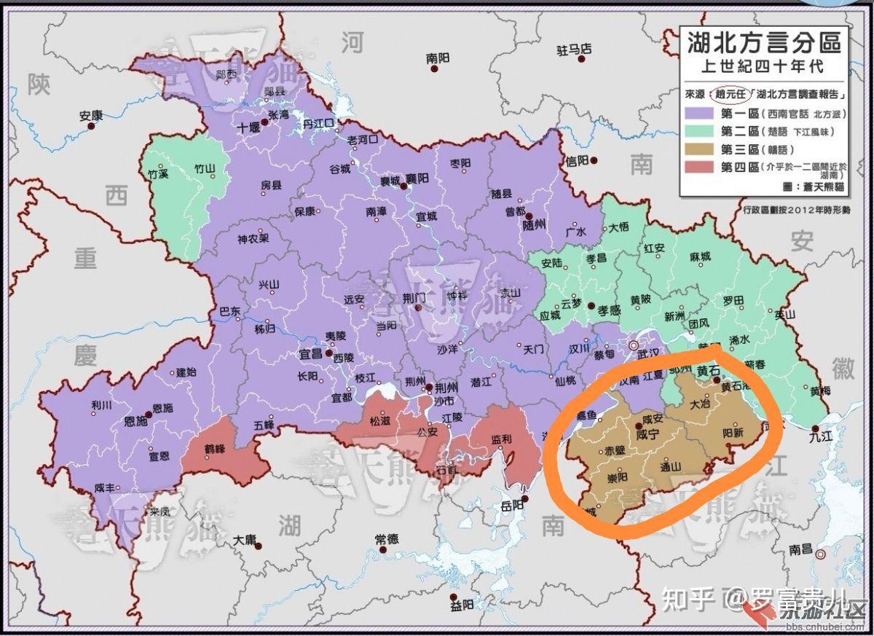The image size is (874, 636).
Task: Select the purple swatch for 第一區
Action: (698, 114)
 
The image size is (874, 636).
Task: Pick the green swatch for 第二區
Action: (698, 132)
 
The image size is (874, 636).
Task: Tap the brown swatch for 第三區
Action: (698, 150)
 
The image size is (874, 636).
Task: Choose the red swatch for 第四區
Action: (698, 168)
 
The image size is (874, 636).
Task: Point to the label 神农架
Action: (253, 238)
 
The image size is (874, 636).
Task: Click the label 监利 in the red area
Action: (500, 439)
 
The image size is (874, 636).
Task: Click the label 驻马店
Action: (574, 50)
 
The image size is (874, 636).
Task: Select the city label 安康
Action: (91, 115)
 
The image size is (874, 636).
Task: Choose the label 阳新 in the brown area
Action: (732, 431)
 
